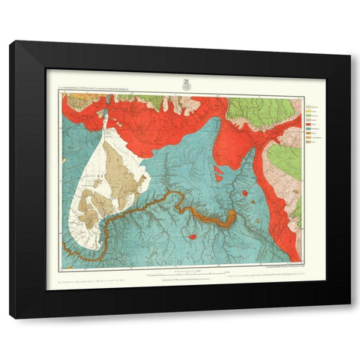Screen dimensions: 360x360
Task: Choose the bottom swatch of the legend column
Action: click(x=307, y=141)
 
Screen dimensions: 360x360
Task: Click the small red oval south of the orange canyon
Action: click(x=193, y=237)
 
